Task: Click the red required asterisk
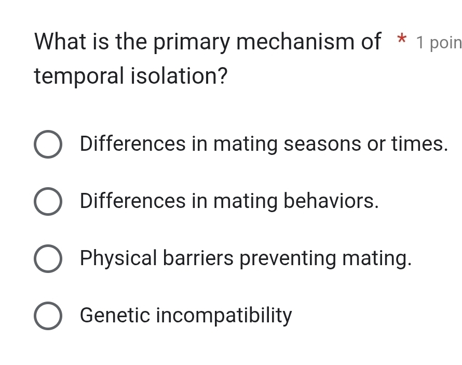401,39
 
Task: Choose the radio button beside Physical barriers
48,258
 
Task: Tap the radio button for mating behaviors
48,201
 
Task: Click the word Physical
119,258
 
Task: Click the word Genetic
115,315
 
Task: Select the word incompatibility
224,316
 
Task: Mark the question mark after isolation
222,76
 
